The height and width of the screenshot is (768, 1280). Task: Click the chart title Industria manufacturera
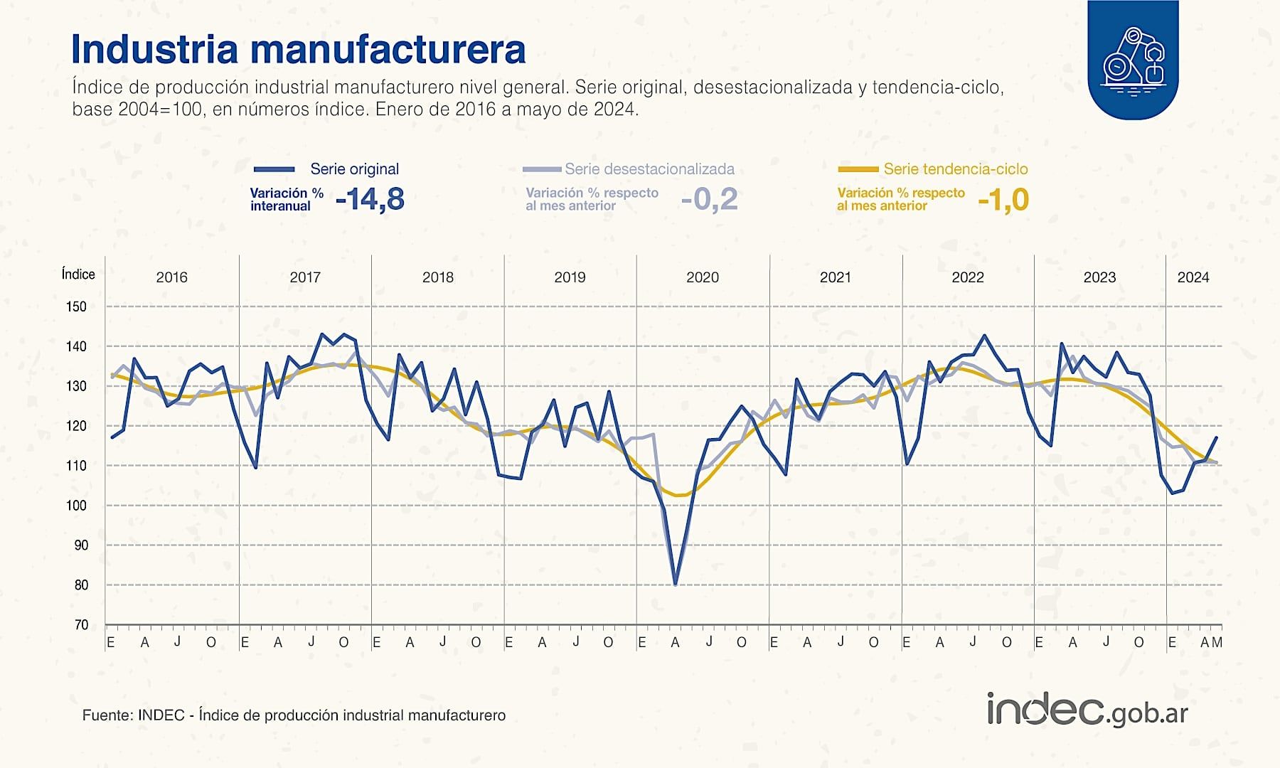[298, 49]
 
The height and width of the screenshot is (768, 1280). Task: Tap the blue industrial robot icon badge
[1133, 60]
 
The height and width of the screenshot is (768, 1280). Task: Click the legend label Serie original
[354, 169]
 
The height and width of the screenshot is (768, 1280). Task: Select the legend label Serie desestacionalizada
[649, 169]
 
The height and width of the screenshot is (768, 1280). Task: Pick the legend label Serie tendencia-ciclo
[955, 169]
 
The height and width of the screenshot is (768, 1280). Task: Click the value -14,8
[370, 200]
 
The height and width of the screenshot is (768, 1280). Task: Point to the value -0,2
[709, 200]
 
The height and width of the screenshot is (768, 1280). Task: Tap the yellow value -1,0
[1003, 200]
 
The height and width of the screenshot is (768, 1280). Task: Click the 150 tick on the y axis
[76, 307]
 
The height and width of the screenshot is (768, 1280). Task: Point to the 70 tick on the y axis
[81, 625]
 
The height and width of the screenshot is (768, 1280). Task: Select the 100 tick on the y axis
[76, 506]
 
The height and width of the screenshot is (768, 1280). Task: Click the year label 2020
[702, 277]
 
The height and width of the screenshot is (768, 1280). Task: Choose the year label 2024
[1193, 277]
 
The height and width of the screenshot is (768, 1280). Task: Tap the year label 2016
[171, 277]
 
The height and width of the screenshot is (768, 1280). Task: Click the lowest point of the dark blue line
[675, 585]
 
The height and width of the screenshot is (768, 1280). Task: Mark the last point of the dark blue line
[1217, 437]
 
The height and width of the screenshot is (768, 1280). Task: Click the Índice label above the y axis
[78, 274]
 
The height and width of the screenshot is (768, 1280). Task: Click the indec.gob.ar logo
[1087, 710]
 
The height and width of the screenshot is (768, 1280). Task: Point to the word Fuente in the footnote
[106, 715]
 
